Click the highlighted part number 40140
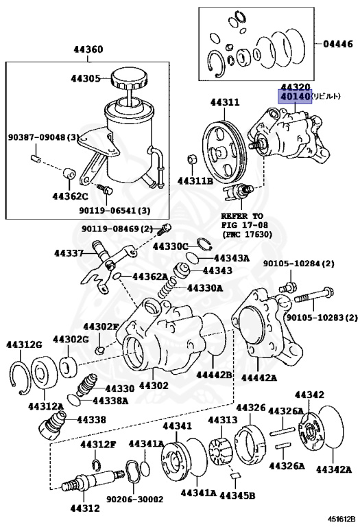coord(295,97)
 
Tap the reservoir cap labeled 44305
coord(130,79)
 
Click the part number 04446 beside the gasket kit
coord(338,44)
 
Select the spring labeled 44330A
coord(167,288)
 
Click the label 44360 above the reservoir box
coord(88,49)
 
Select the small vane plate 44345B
coord(235,476)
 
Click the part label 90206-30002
coord(134,499)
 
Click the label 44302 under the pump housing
coord(154,385)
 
